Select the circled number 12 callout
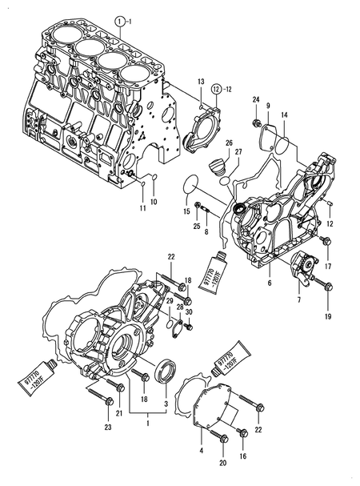click(215, 90)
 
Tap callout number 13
click(202, 82)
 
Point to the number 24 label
click(256, 100)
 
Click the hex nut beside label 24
click(255, 123)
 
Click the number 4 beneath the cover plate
click(201, 451)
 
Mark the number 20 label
click(222, 464)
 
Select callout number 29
click(170, 300)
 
